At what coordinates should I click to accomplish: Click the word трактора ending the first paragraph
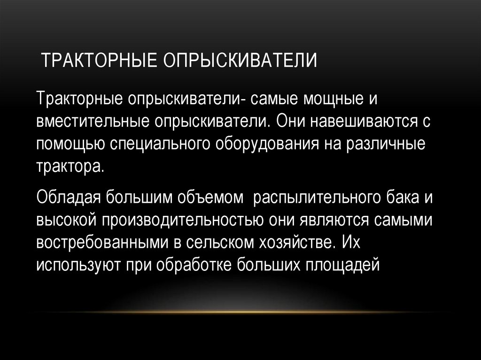(x=69, y=166)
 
